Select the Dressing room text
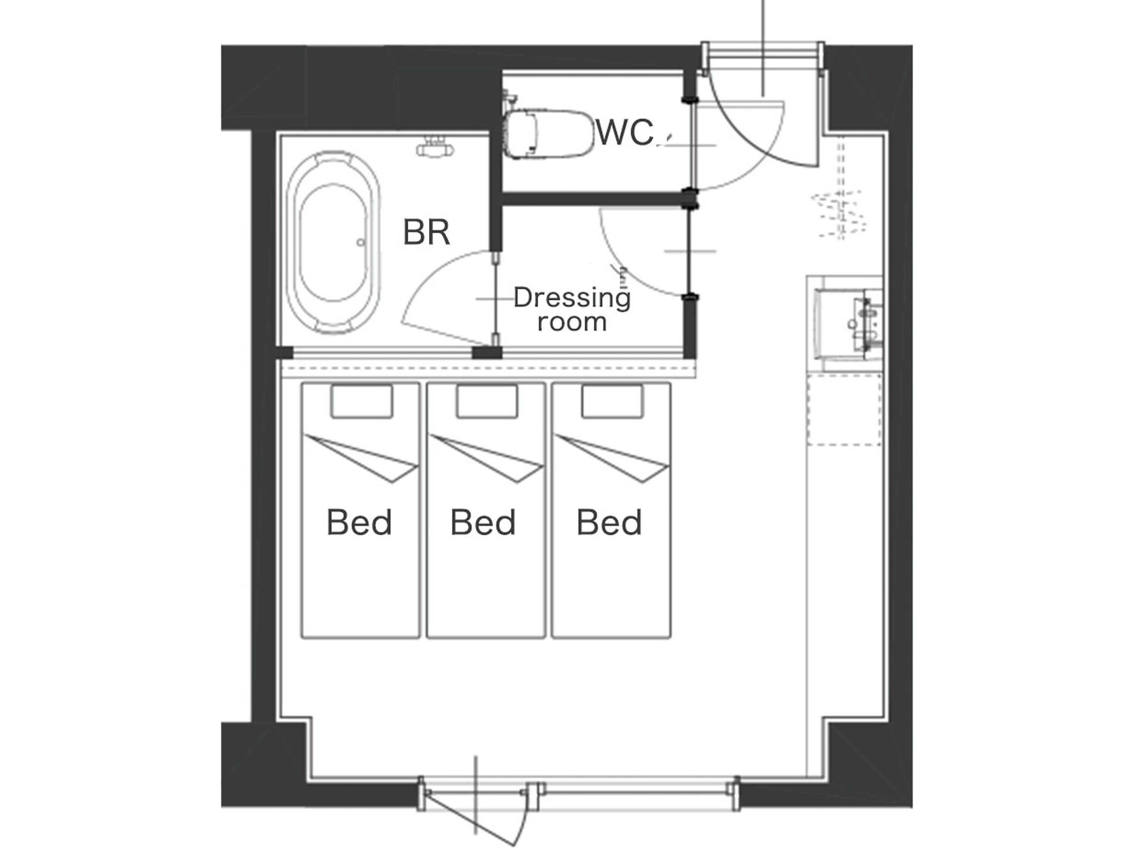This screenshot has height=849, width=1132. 572,309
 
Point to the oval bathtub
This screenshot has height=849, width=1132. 333,242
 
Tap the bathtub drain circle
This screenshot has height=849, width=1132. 361,243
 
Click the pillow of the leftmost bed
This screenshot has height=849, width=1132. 362,401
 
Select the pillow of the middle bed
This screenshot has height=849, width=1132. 487,401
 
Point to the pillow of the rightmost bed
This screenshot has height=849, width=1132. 612,401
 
